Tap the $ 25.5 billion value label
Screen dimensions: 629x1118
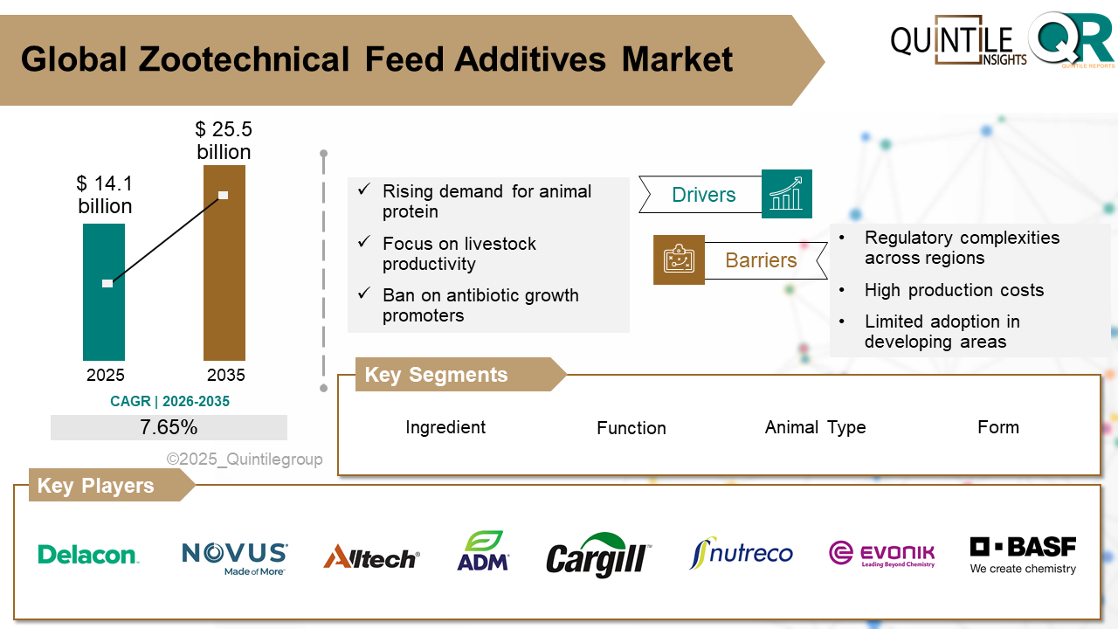(x=224, y=141)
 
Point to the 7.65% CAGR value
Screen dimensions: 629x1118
(x=169, y=427)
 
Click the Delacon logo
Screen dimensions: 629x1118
(x=88, y=555)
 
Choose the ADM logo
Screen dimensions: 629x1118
(x=483, y=552)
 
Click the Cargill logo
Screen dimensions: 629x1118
(x=598, y=556)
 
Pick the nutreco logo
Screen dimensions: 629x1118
(x=741, y=554)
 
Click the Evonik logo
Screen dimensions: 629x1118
(x=881, y=554)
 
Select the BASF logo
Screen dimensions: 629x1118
(x=1023, y=555)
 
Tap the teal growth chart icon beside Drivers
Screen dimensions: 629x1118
(x=786, y=194)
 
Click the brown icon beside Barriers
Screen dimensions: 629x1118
(x=679, y=259)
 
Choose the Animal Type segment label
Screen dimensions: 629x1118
(x=815, y=427)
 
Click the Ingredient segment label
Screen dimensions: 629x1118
(x=445, y=427)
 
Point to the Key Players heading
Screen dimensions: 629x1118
(x=95, y=486)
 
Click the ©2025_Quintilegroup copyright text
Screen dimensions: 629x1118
(x=245, y=460)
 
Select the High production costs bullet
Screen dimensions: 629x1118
(x=954, y=290)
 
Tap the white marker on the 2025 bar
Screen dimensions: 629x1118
(x=107, y=283)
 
